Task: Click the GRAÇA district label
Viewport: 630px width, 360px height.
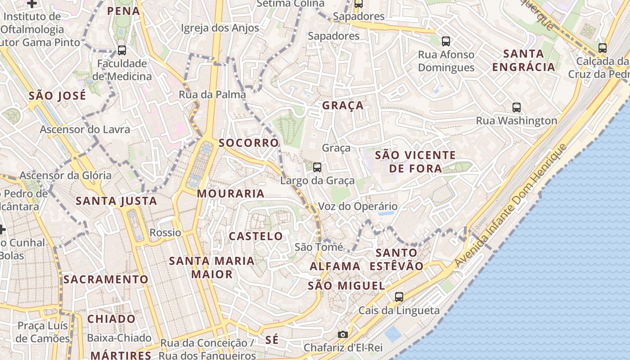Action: pos(343,106)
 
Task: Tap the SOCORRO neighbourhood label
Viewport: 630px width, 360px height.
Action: pos(249,143)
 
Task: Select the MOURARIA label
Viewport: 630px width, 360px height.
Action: pos(231,193)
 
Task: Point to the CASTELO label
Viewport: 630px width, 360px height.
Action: pos(256,236)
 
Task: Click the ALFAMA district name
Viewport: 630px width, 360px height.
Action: pos(335,266)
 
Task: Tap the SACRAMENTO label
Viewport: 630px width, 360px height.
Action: pos(106,279)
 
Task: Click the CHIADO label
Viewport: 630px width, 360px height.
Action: pos(111,319)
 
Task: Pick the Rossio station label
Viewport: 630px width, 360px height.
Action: pos(165,233)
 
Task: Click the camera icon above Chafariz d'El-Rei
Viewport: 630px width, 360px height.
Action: pos(343,334)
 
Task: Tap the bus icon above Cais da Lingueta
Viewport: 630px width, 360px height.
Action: pos(399,297)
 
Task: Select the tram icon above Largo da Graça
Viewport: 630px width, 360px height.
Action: pos(317,167)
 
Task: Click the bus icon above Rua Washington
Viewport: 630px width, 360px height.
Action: pos(517,108)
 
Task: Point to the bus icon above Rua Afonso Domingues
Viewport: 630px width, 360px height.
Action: pos(446,41)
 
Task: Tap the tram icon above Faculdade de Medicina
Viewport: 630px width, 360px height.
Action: pos(122,50)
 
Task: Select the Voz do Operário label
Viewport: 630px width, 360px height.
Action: pos(358,207)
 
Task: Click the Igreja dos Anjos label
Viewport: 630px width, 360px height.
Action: pos(220,28)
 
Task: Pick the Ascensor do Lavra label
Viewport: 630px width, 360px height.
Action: pos(85,130)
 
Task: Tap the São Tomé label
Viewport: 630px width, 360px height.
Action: pos(319,247)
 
